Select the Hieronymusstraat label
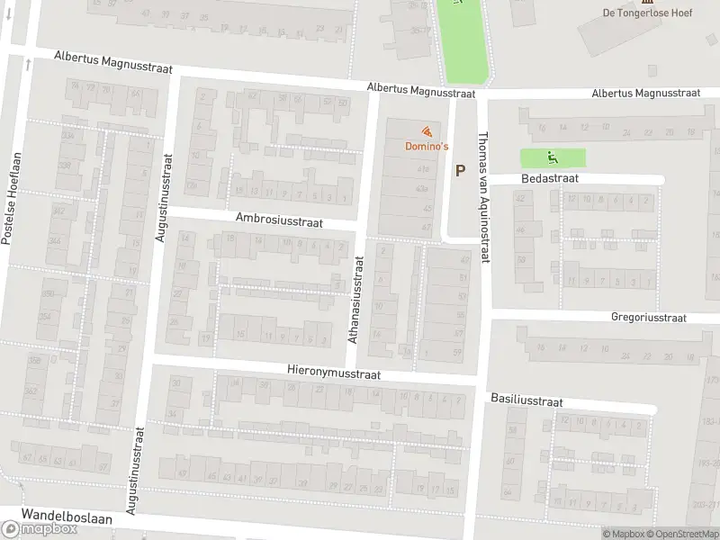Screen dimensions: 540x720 point(334,372)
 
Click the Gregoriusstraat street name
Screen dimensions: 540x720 point(648,318)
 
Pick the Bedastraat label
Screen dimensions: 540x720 point(547,179)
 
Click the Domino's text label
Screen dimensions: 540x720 point(425,146)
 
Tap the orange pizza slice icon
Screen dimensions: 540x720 point(425,131)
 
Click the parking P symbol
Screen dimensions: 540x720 point(461,170)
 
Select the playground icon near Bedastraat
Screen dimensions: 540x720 point(552,157)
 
